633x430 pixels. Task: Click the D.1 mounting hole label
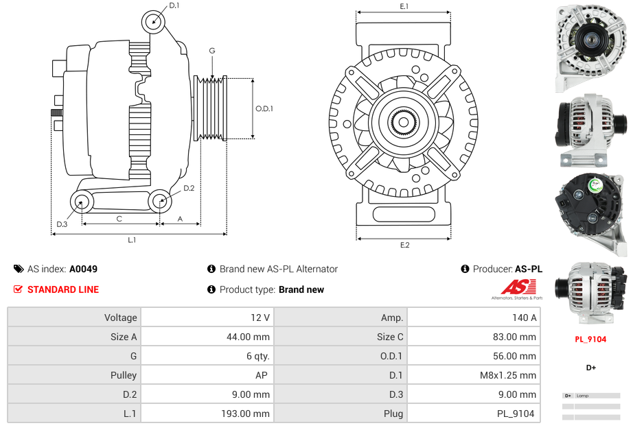(174, 5)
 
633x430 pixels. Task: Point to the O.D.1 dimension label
(264, 108)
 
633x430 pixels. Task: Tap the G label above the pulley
(212, 51)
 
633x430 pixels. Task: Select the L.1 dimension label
(132, 240)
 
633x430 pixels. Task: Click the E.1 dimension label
(404, 7)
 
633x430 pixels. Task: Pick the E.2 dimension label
(404, 245)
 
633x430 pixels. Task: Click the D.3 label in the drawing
(62, 224)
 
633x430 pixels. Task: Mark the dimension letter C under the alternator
(119, 219)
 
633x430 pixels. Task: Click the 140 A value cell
(525, 318)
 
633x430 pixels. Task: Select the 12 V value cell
(262, 318)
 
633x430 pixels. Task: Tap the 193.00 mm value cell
(248, 414)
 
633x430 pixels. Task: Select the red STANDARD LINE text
(63, 289)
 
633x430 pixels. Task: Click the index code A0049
(84, 270)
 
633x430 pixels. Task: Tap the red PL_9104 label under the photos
(590, 339)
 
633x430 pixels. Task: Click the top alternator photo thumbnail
(590, 48)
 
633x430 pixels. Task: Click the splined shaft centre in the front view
(404, 122)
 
